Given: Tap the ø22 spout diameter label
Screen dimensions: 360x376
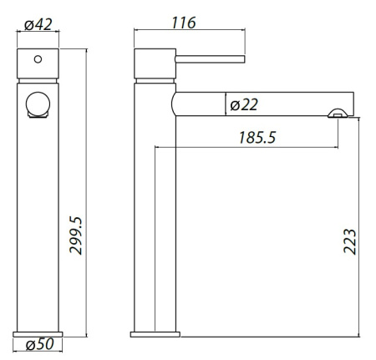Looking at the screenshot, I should pyautogui.click(x=244, y=104).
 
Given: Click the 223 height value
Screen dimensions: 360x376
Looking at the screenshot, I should pyautogui.click(x=351, y=241).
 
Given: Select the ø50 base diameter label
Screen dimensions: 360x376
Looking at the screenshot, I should pyautogui.click(x=39, y=345).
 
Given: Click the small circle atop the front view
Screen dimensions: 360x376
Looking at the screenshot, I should pyautogui.click(x=36, y=61).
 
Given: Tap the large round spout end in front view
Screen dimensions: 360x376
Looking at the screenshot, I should pyautogui.click(x=38, y=105).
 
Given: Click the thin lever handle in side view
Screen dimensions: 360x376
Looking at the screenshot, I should pyautogui.click(x=209, y=58).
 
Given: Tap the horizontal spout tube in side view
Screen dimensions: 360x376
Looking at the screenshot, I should pyautogui.click(x=284, y=104).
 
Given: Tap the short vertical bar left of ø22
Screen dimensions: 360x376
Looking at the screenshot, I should pyautogui.click(x=226, y=104).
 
